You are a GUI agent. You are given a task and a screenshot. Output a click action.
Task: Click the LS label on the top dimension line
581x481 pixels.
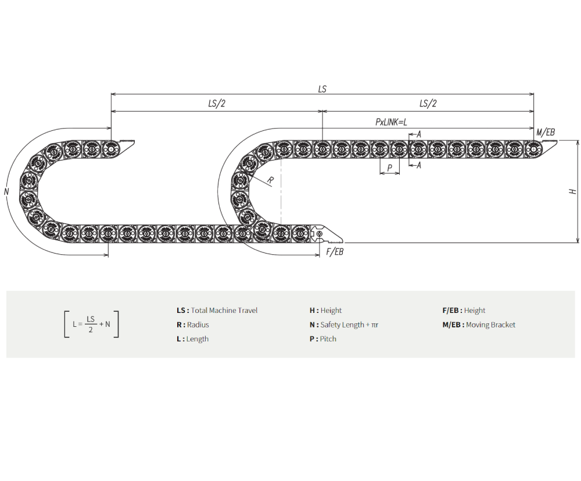322,89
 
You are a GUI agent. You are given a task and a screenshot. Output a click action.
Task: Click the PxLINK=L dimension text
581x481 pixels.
391,122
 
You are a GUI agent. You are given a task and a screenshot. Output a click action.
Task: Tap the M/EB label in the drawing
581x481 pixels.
546,132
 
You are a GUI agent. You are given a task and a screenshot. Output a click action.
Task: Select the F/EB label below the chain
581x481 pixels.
335,252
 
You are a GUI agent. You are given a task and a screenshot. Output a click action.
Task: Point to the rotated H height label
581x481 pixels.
573,191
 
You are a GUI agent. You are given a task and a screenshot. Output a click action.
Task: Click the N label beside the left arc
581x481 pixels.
6,192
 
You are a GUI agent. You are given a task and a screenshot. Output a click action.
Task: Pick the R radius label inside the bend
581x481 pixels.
271,180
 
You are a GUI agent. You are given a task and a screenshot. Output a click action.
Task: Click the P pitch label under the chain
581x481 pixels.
389,168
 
